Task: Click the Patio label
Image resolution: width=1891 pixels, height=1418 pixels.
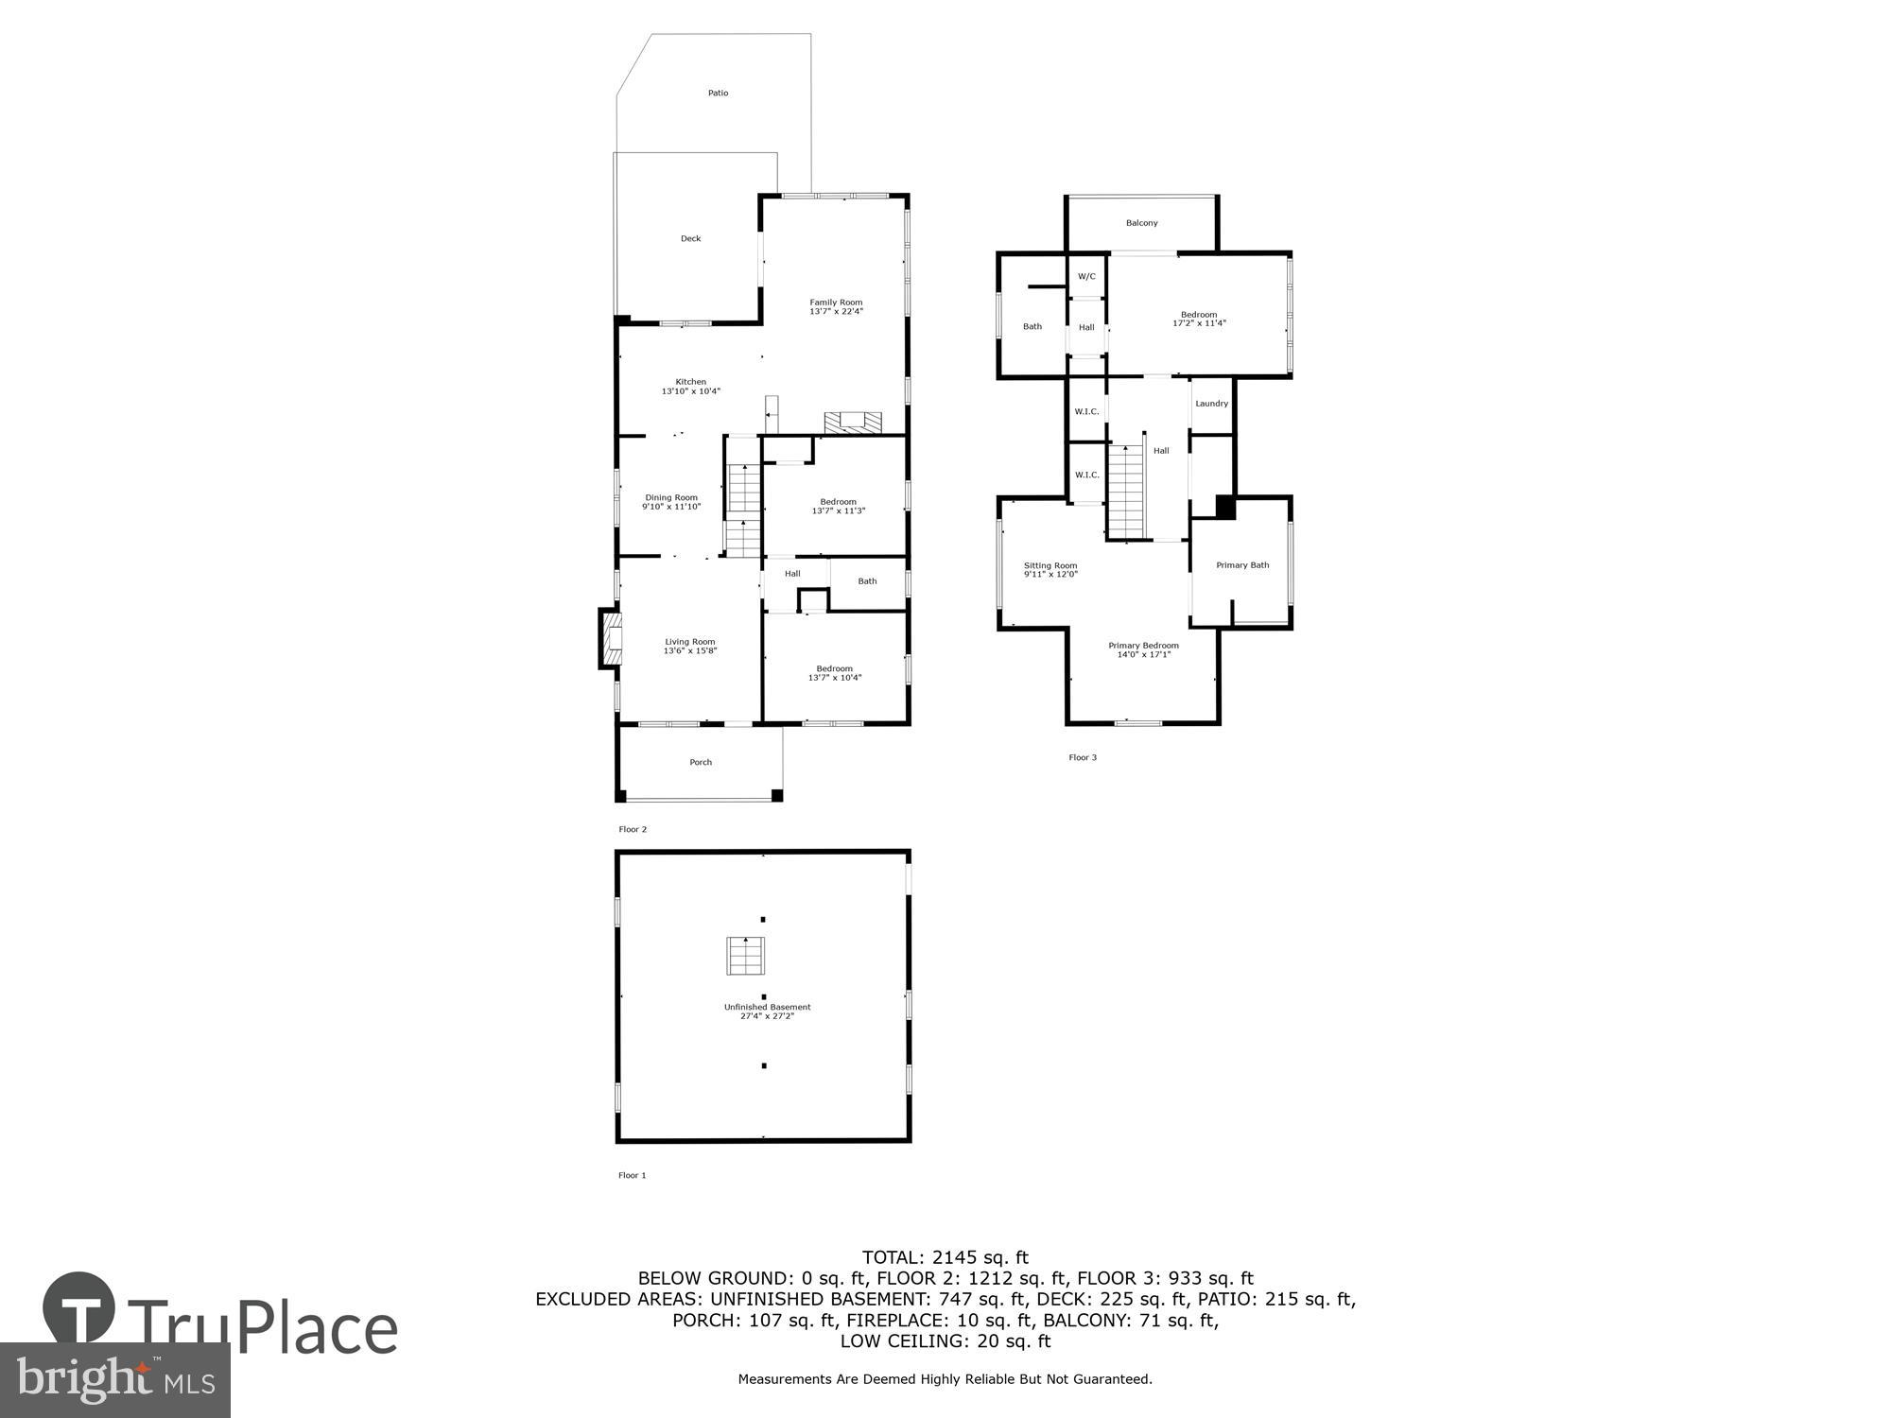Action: point(718,93)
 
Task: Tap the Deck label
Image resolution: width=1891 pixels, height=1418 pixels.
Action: point(690,238)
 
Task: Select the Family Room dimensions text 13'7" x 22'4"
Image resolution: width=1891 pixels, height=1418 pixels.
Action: point(836,312)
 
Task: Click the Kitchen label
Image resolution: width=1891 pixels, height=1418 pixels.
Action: point(690,381)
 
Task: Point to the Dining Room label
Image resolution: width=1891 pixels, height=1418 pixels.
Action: point(671,497)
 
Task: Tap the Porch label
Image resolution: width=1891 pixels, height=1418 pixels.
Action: point(700,762)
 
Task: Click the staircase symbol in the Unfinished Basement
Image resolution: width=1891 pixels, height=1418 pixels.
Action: point(745,956)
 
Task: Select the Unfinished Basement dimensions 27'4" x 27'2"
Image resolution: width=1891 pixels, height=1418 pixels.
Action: point(767,1016)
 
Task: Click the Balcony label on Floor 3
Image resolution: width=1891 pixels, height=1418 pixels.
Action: point(1141,223)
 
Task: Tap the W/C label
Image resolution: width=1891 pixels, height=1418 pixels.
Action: point(1086,276)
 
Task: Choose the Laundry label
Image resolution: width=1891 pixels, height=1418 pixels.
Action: point(1211,404)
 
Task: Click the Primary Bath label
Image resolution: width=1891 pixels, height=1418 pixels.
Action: point(1241,565)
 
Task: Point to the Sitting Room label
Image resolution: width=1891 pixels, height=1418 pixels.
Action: point(1050,565)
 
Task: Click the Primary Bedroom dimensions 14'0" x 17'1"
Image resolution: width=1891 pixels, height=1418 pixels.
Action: point(1143,654)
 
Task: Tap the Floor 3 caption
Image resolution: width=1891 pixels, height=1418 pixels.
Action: point(1082,757)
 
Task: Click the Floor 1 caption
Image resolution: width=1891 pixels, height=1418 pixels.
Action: point(632,1175)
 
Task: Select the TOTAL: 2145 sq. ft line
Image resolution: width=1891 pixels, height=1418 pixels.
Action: point(945,1257)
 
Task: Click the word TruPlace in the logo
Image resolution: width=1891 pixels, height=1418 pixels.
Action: point(262,1329)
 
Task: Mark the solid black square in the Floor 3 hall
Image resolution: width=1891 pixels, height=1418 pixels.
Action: point(1225,508)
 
